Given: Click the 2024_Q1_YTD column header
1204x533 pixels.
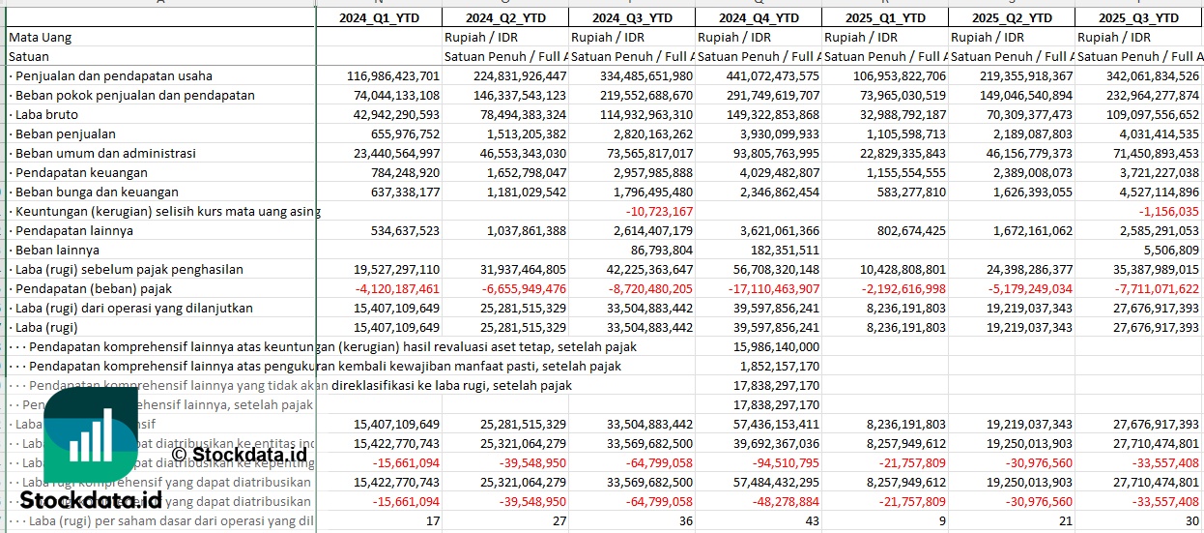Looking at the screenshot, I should [379, 17].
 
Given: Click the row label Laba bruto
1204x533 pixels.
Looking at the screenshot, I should [47, 114].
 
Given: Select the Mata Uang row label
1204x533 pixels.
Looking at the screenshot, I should [41, 37].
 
